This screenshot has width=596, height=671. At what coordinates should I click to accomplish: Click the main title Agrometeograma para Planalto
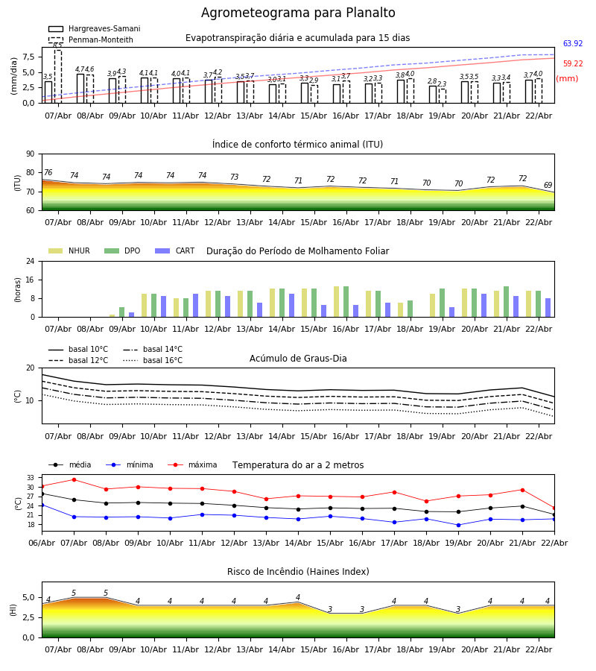[x=298, y=13]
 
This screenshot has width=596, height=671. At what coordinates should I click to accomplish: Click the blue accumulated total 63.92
[x=572, y=44]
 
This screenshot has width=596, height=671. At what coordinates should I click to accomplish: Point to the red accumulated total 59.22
[x=572, y=64]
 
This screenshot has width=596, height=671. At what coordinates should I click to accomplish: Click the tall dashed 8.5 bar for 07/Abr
[x=57, y=75]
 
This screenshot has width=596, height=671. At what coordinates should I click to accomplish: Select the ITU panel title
[x=297, y=145]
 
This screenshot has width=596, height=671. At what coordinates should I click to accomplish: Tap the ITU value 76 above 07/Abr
[x=48, y=173]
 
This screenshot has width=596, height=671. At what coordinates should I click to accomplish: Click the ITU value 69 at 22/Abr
[x=548, y=186]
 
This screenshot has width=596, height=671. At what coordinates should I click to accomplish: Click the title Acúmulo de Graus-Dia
[x=298, y=359]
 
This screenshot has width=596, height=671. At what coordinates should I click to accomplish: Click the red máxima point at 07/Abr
[x=74, y=479]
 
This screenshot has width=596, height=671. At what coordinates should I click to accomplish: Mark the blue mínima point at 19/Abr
[x=458, y=525]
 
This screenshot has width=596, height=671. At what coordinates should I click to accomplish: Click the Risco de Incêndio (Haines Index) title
[x=298, y=572]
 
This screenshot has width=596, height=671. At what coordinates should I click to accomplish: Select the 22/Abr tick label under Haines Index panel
[x=538, y=649]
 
